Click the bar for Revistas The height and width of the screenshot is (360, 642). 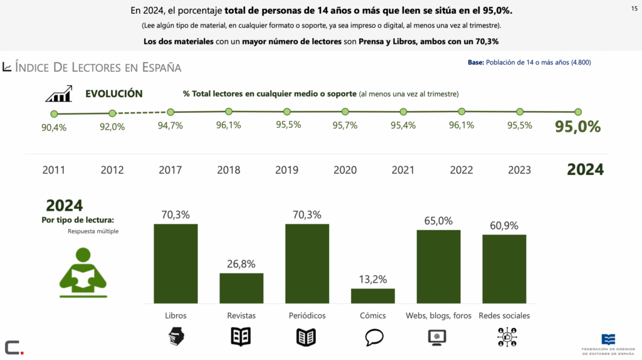click(x=241, y=288)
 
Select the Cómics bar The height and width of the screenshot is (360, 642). click(x=372, y=296)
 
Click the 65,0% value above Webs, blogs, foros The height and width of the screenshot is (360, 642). click(x=438, y=221)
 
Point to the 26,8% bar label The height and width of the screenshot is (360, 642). click(x=241, y=264)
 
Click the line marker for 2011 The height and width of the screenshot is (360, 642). click(x=54, y=114)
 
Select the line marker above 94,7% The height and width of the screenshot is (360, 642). click(x=171, y=112)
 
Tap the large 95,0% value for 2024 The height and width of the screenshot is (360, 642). click(x=577, y=127)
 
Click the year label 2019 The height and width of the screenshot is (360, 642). click(x=287, y=170)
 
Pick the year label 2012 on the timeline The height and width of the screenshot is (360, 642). click(x=112, y=170)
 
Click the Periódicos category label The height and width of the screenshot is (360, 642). click(x=307, y=315)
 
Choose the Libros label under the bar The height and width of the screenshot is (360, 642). click(x=176, y=315)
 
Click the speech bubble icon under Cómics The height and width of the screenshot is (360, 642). click(x=374, y=337)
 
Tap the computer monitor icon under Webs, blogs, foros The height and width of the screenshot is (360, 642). click(x=438, y=337)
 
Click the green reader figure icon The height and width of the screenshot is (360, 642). click(x=83, y=272)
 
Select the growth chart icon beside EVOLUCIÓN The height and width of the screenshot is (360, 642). click(x=58, y=95)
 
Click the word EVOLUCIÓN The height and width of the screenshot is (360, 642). click(x=113, y=94)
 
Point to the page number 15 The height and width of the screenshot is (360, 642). click(x=634, y=8)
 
